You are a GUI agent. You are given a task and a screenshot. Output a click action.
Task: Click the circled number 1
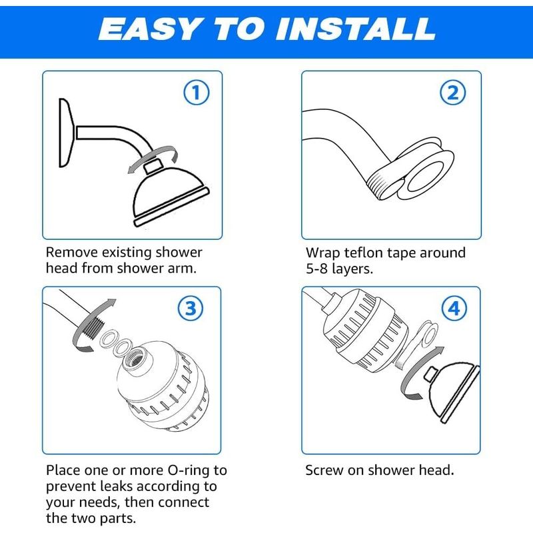(x=197, y=93)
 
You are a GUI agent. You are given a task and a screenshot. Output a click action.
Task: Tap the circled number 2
(x=453, y=93)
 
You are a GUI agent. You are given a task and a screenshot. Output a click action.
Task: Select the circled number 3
(x=191, y=308)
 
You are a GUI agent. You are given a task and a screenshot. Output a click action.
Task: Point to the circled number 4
(x=454, y=308)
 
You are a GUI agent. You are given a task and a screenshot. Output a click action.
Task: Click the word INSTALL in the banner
(x=356, y=29)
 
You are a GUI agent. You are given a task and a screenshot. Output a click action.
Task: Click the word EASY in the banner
(x=149, y=29)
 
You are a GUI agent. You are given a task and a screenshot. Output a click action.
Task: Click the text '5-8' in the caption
(x=317, y=269)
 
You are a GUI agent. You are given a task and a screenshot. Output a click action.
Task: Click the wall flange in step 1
(x=66, y=133)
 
